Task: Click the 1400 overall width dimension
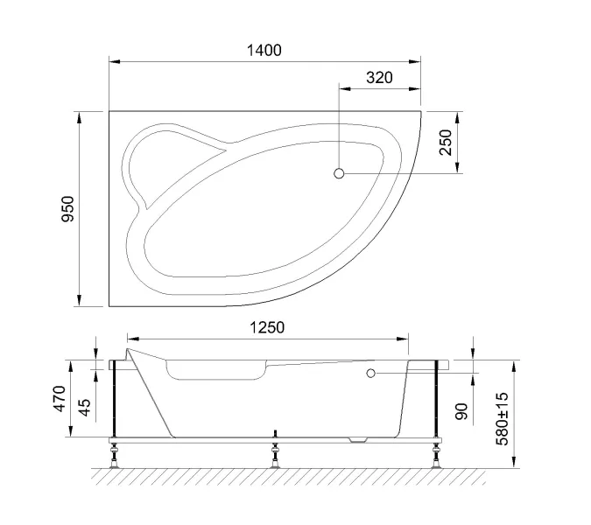(264, 51)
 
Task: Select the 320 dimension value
(378, 78)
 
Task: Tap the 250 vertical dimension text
(446, 142)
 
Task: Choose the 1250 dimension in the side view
(266, 327)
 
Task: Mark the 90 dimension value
(461, 409)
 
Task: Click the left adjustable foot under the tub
(114, 457)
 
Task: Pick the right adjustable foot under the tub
(435, 456)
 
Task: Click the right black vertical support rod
(435, 398)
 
